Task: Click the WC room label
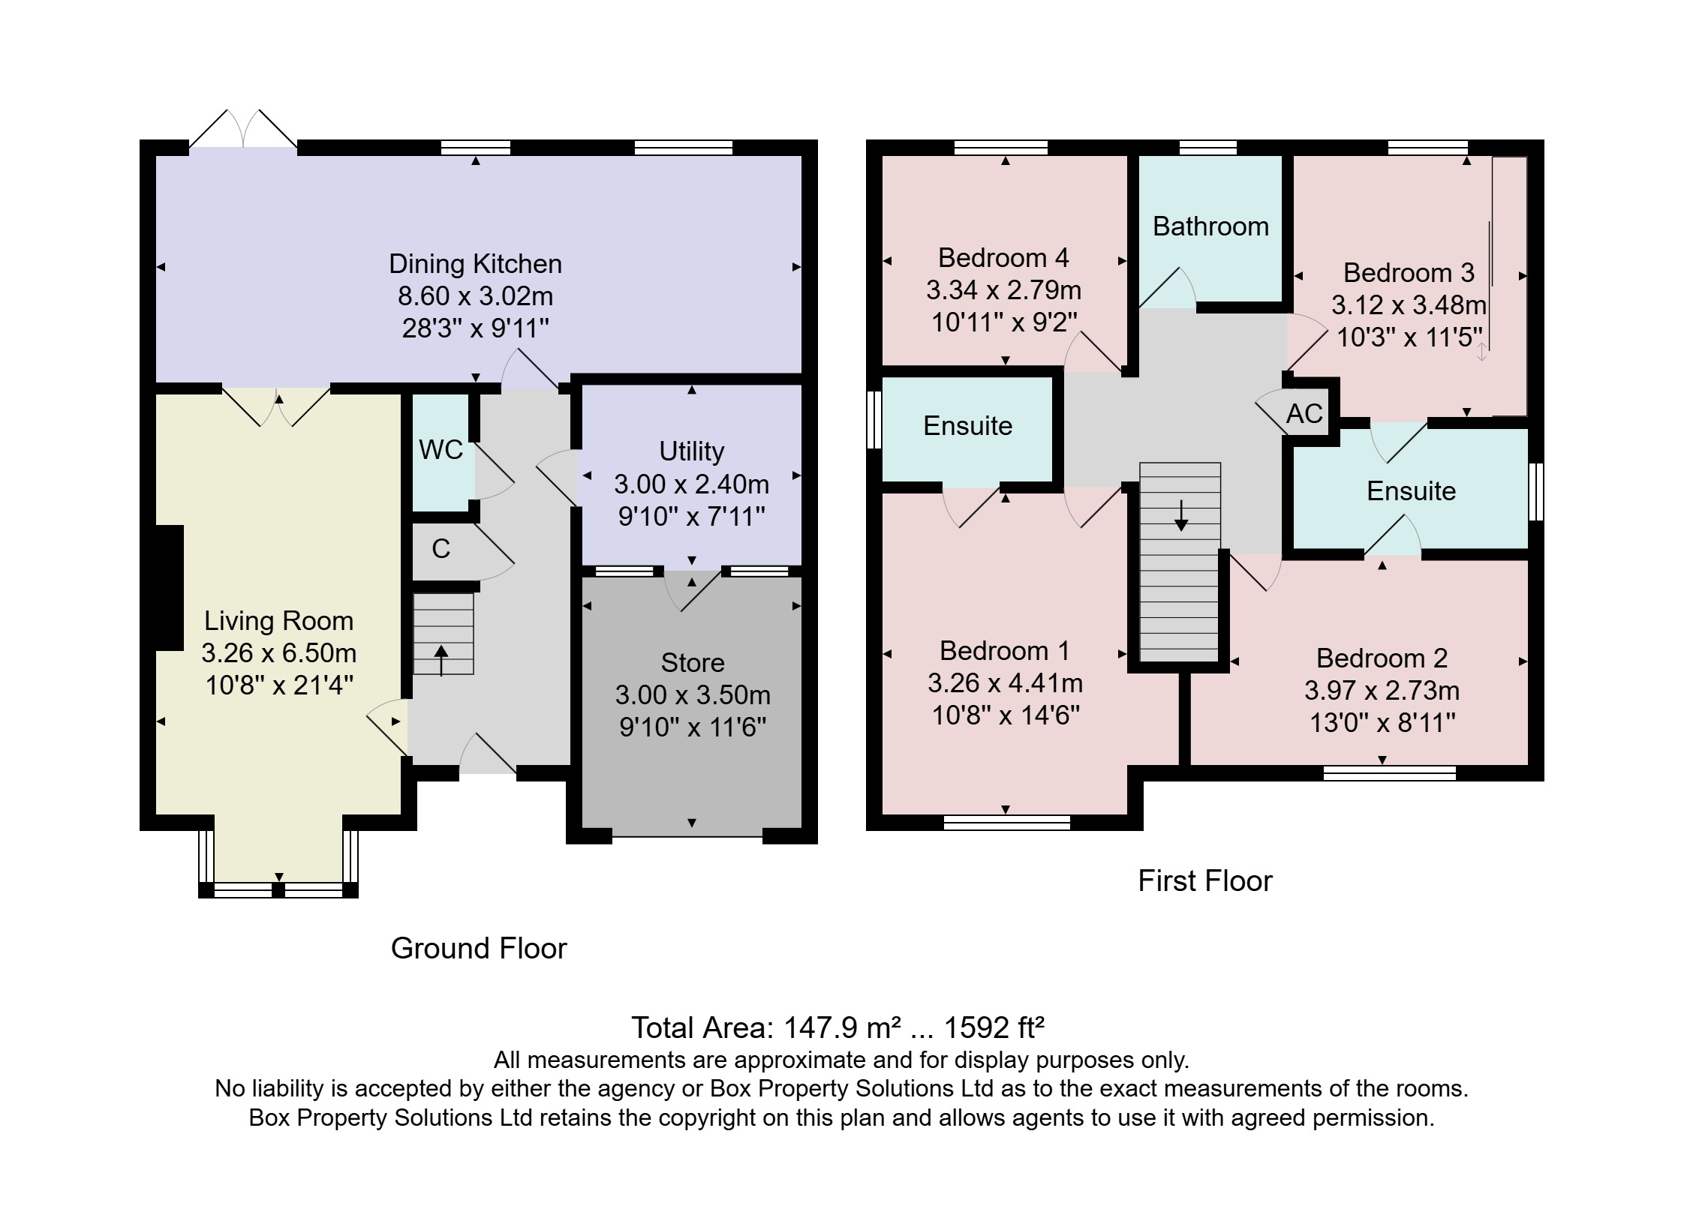click(441, 450)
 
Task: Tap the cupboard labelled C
click(441, 549)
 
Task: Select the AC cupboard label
click(1304, 414)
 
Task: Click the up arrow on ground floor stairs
click(441, 658)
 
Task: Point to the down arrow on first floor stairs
click(1181, 516)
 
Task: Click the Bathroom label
click(1210, 226)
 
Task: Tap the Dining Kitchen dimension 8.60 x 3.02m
click(475, 296)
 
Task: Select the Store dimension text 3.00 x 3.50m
click(692, 695)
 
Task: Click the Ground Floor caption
click(478, 949)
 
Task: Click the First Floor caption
click(1204, 880)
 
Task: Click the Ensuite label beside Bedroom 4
click(967, 426)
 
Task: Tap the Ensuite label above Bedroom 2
click(1411, 491)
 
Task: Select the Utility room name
click(691, 451)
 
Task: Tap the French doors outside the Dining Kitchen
click(243, 130)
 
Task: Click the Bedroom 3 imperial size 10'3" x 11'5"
click(1409, 337)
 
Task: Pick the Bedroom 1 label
click(1004, 650)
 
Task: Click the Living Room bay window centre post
click(278, 890)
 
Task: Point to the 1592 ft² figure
click(994, 1027)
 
